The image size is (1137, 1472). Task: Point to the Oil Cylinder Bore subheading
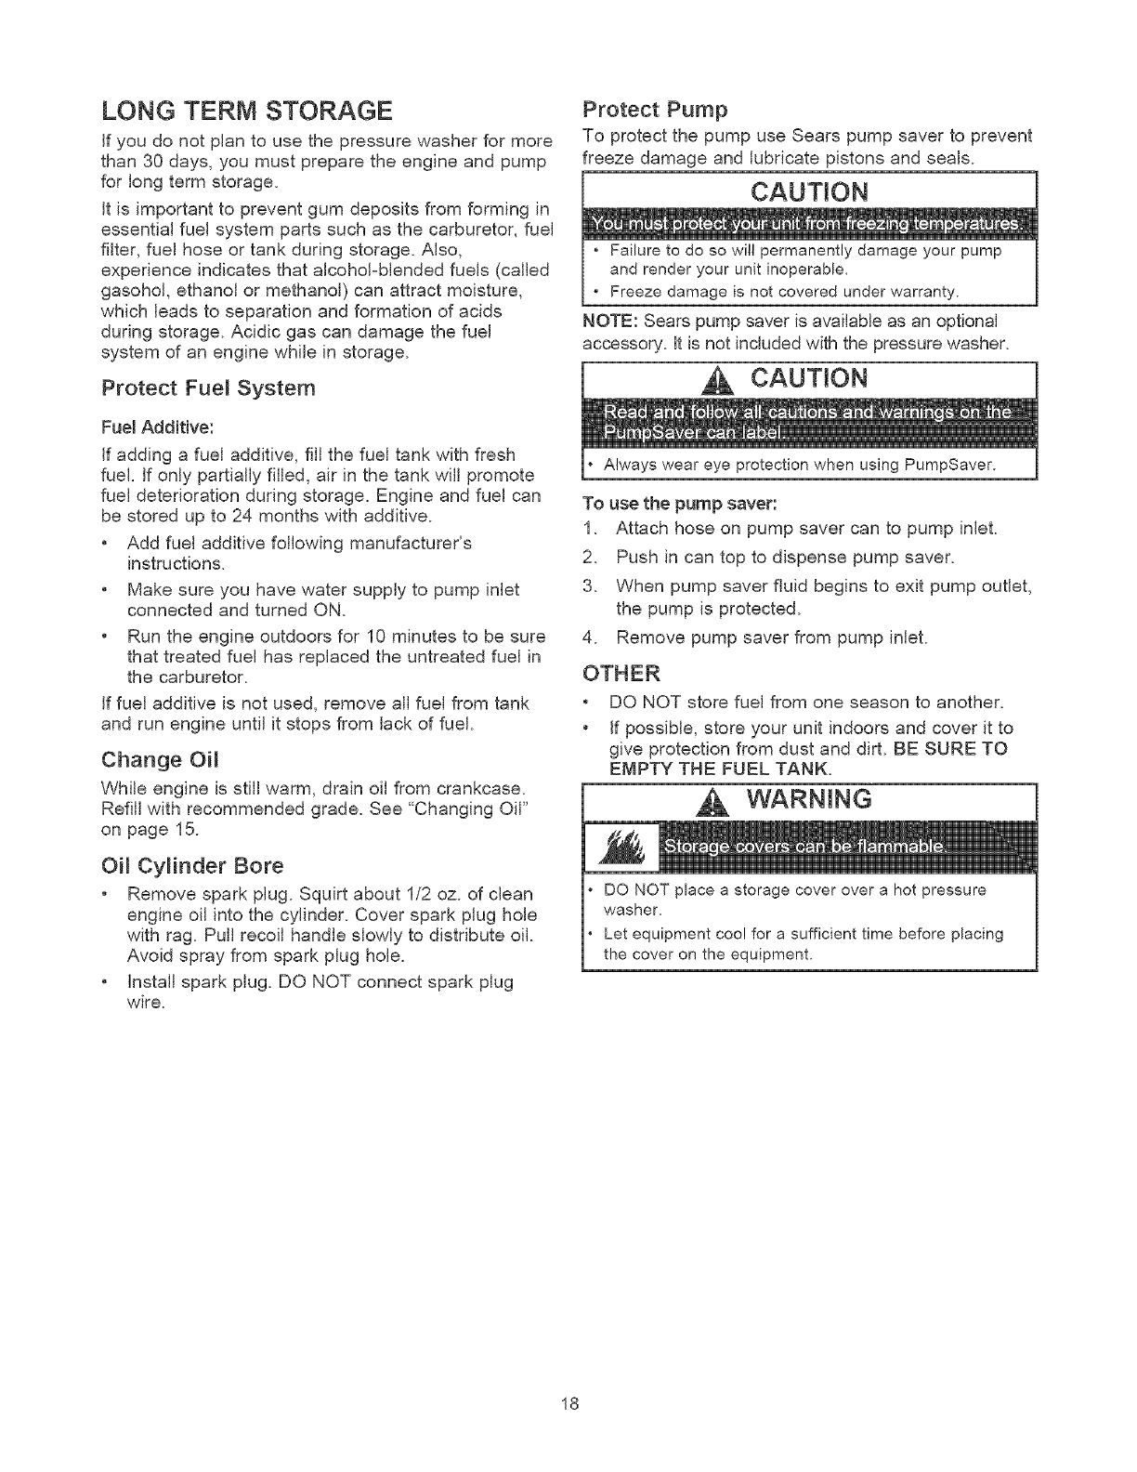(190, 866)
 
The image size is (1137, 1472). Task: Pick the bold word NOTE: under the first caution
(608, 321)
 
